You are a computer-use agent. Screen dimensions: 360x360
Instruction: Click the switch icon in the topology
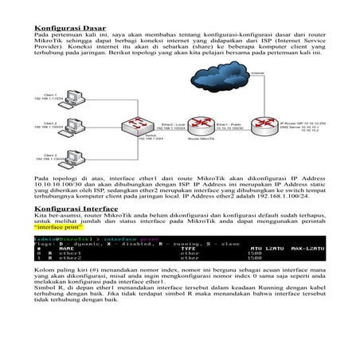(x=143, y=124)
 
